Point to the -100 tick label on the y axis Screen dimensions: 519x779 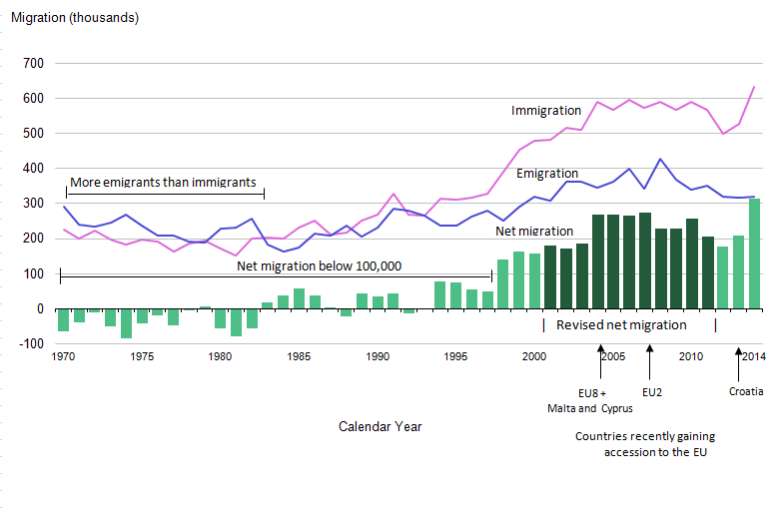(x=31, y=343)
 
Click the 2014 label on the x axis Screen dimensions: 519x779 (x=753, y=356)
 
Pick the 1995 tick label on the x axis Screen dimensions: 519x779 (x=455, y=356)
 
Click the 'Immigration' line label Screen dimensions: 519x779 (x=546, y=111)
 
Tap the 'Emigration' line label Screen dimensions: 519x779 (x=548, y=174)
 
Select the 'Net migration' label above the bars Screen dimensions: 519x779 (x=534, y=232)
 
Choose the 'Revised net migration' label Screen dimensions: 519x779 (x=621, y=325)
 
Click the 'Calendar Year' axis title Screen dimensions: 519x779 (x=380, y=426)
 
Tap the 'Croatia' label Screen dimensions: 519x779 (x=745, y=391)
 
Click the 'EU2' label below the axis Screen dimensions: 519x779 (x=652, y=391)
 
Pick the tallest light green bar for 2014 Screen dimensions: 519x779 (x=754, y=255)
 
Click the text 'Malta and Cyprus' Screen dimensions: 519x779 (x=590, y=407)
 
